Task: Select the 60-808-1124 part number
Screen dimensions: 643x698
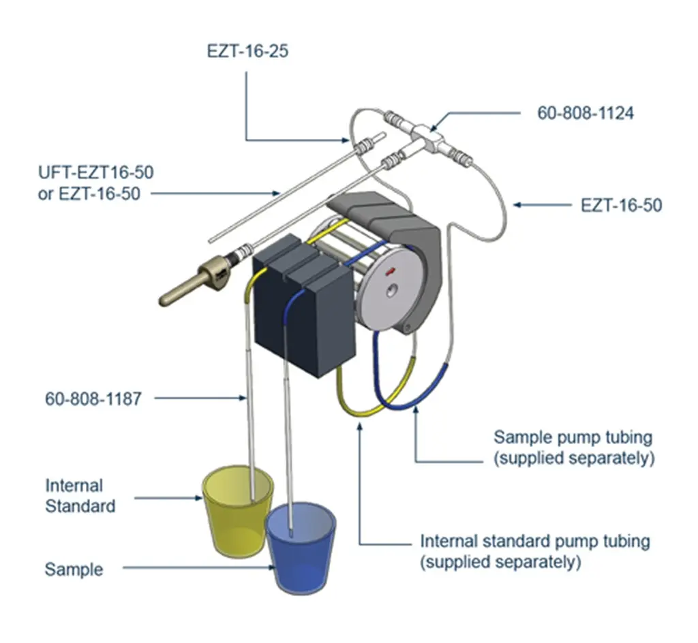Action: click(586, 113)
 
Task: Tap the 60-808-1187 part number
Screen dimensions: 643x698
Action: click(93, 398)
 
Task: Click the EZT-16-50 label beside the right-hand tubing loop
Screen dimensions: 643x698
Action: click(621, 204)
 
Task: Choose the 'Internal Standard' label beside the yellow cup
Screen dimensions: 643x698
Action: click(80, 496)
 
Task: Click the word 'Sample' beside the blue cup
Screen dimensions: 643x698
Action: click(74, 569)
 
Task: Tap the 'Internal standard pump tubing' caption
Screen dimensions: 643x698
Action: click(534, 542)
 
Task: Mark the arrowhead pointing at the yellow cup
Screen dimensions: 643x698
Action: click(198, 498)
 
